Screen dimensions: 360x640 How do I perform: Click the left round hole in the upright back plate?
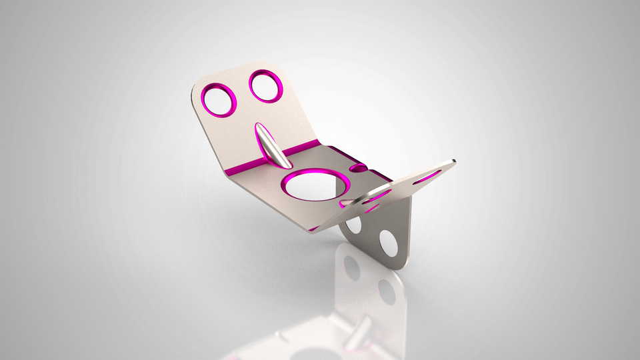(219, 100)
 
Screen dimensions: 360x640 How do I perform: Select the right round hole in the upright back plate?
(266, 85)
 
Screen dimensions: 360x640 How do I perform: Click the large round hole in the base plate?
(313, 183)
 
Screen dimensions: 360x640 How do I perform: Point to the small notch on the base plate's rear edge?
(358, 169)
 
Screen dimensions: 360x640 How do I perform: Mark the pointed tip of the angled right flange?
(453, 161)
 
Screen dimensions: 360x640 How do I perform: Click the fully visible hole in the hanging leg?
(388, 243)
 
